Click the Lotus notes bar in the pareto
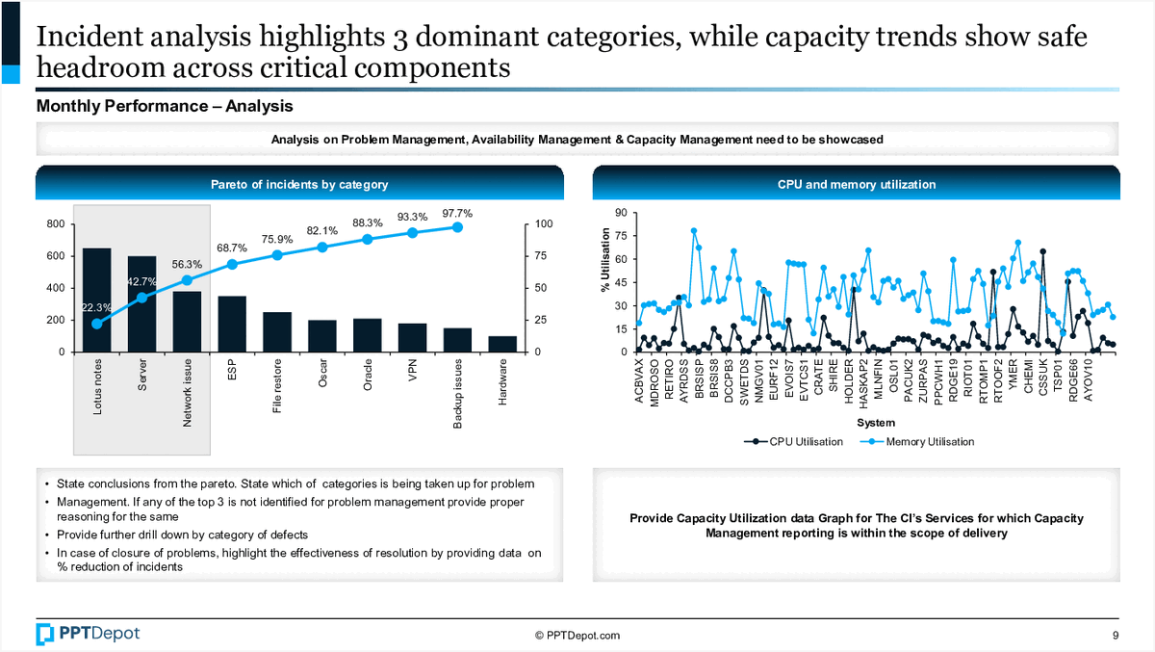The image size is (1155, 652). click(x=96, y=300)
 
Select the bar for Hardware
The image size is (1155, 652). click(x=501, y=344)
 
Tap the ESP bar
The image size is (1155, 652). click(x=231, y=324)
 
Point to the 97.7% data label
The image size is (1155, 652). click(x=457, y=213)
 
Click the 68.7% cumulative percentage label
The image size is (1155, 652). click(x=232, y=248)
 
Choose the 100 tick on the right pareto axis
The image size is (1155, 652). click(x=545, y=224)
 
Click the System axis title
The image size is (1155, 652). click(x=875, y=423)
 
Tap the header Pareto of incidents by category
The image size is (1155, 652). click(x=299, y=184)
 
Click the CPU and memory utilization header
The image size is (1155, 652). click(x=856, y=184)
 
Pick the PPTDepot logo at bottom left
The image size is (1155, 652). click(x=88, y=633)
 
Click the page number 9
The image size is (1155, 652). click(x=1115, y=635)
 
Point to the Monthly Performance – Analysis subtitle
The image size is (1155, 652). click(x=165, y=106)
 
